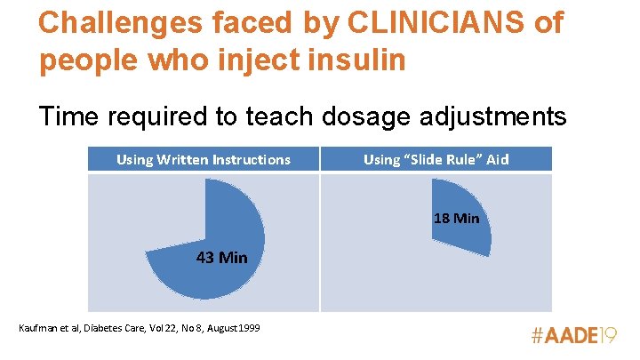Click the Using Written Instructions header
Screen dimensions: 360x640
point(204,160)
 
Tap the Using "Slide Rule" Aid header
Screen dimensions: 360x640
point(436,160)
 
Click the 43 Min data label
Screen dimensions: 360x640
point(221,258)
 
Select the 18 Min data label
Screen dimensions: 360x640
point(457,218)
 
